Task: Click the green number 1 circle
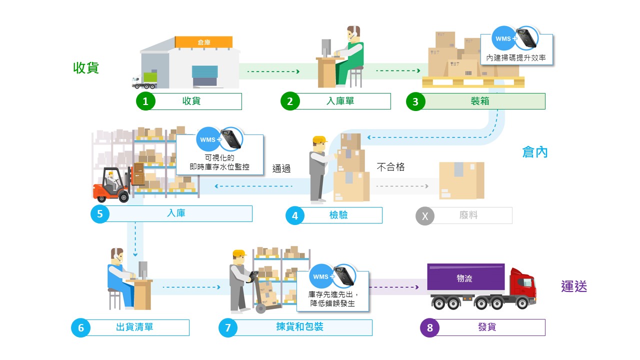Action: pos(145,101)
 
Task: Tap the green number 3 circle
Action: pos(415,101)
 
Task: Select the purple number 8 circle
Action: pos(429,327)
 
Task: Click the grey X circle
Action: pos(425,216)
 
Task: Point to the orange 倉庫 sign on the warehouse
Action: pos(203,42)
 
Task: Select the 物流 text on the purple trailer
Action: pos(464,278)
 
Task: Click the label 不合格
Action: pos(390,167)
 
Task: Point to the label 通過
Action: pos(281,168)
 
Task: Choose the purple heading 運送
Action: pos(574,286)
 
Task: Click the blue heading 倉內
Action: pos(535,152)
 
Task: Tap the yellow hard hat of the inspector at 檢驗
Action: pos(320,139)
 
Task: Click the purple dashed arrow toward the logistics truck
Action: pos(394,287)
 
